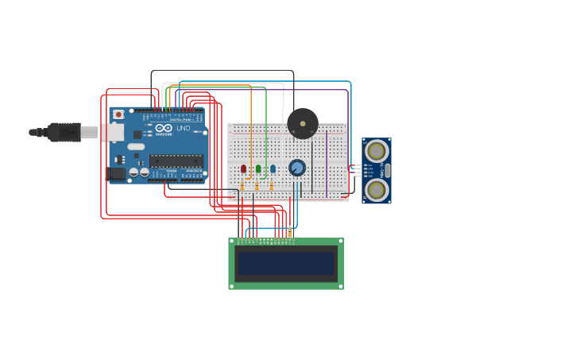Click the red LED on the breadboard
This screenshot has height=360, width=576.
pyautogui.click(x=244, y=168)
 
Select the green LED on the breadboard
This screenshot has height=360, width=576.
pyautogui.click(x=258, y=168)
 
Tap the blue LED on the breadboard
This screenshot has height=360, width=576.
pyautogui.click(x=273, y=168)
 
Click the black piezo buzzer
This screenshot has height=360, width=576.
pyautogui.click(x=303, y=123)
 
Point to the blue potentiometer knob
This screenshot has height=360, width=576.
pyautogui.click(x=297, y=168)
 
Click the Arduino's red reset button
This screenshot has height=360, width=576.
pyautogui.click(x=118, y=114)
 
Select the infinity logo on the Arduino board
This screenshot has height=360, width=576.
pyautogui.click(x=163, y=128)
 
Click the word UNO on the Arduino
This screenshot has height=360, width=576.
pyautogui.click(x=183, y=128)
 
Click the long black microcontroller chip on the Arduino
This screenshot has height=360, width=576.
pyautogui.click(x=176, y=161)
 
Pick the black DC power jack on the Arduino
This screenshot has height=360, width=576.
pyautogui.click(x=116, y=174)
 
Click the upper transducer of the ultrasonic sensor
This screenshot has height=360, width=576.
pyautogui.click(x=377, y=151)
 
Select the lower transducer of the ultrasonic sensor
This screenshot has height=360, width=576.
pyautogui.click(x=377, y=189)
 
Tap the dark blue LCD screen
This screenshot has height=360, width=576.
pyautogui.click(x=286, y=263)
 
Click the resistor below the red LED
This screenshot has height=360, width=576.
pyautogui.click(x=242, y=187)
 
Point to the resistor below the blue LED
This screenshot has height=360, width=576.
pyautogui.click(x=271, y=187)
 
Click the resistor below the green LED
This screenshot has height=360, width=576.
pyautogui.click(x=257, y=187)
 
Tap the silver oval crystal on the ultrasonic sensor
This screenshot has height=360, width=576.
pyautogui.click(x=387, y=170)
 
